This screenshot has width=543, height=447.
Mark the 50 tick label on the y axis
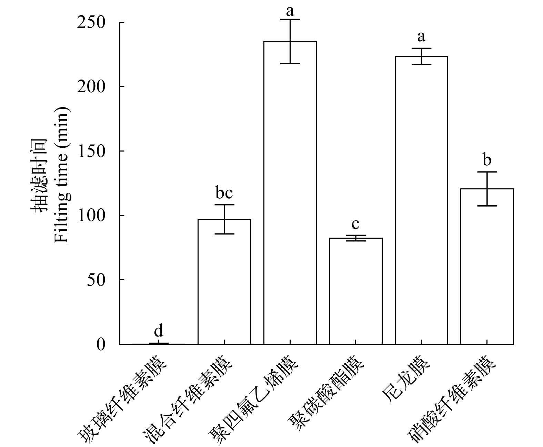pyautogui.click(x=96, y=280)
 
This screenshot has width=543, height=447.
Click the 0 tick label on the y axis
pyautogui.click(x=101, y=344)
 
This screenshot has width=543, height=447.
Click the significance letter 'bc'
pyautogui.click(x=224, y=193)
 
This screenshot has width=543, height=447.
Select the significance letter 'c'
pyautogui.click(x=355, y=224)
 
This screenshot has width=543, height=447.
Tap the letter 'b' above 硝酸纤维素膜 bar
pyautogui.click(x=487, y=160)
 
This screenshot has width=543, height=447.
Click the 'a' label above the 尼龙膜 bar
pyautogui.click(x=421, y=36)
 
